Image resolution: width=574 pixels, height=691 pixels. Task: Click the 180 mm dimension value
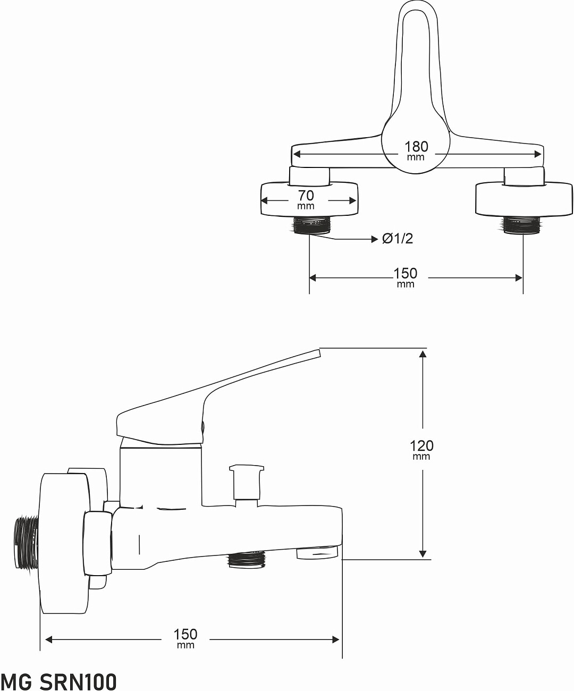416,150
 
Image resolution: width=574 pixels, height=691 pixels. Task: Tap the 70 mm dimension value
306,199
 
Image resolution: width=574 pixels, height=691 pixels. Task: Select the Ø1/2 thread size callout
398,239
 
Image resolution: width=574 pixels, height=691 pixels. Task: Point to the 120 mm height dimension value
421,449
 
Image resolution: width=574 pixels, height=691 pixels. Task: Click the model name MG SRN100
58,680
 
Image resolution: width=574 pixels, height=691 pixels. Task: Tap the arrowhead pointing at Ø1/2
375,239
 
